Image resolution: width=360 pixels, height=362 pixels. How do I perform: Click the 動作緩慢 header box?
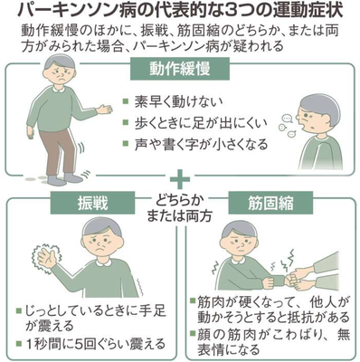point(180,69)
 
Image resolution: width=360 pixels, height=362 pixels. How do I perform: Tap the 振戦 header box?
point(92,203)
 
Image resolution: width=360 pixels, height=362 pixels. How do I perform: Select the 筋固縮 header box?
point(270,203)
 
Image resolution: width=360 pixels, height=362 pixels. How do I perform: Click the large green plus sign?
point(180,178)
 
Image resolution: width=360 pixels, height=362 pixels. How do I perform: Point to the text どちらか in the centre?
point(180,200)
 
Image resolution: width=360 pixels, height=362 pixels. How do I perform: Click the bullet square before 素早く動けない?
point(126,101)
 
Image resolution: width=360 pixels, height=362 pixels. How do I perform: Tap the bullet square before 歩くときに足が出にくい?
point(126,122)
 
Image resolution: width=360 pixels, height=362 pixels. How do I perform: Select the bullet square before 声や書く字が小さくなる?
point(126,143)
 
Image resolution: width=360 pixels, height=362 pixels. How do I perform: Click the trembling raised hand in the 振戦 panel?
point(47,257)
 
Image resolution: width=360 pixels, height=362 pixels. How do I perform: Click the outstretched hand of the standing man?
point(104,109)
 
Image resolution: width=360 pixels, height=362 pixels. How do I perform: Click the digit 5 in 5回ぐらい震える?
point(80,344)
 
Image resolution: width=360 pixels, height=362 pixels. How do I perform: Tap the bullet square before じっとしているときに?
point(20,310)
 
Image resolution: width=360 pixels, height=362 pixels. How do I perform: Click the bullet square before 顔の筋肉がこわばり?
point(193,334)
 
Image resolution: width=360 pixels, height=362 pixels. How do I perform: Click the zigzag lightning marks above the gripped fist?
point(287,260)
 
